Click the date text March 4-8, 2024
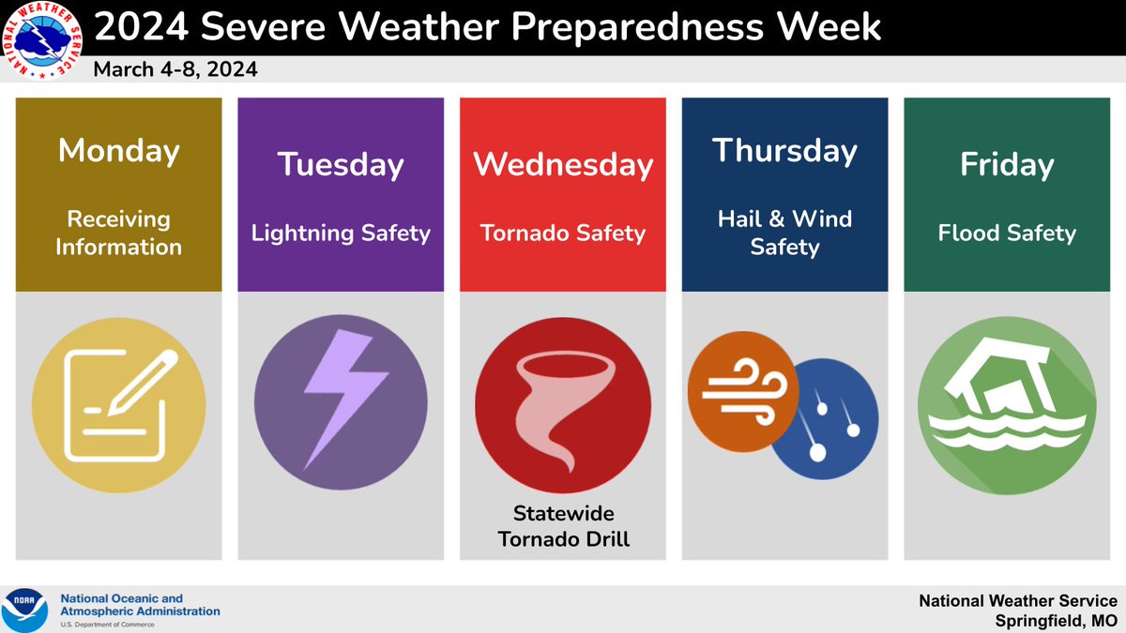coord(175,70)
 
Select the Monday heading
coord(119,151)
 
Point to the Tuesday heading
coord(341,165)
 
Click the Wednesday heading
coord(563,165)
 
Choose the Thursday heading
coord(784,151)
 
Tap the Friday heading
coord(1007,165)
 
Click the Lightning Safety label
coord(341,233)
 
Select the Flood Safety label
coord(1007,233)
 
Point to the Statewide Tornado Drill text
coord(563,526)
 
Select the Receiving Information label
coord(119,233)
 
